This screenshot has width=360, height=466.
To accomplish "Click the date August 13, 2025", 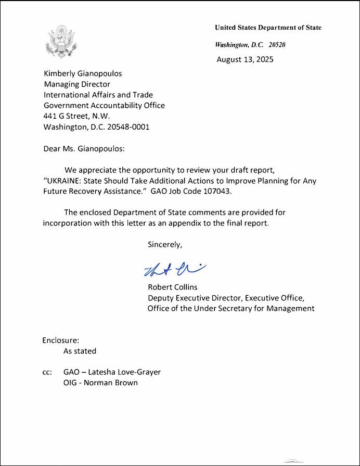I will [x=245, y=59].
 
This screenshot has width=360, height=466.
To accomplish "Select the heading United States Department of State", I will [x=268, y=28].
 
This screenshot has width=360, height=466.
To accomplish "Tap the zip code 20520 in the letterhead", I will [x=277, y=45].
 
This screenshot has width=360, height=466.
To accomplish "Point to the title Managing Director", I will [x=76, y=85].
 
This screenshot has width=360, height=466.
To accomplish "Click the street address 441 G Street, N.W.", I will [x=76, y=116].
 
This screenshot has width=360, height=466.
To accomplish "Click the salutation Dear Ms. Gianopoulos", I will [x=84, y=149].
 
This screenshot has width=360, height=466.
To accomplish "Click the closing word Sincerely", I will [x=165, y=244].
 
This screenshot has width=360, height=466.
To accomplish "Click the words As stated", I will [x=80, y=351].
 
